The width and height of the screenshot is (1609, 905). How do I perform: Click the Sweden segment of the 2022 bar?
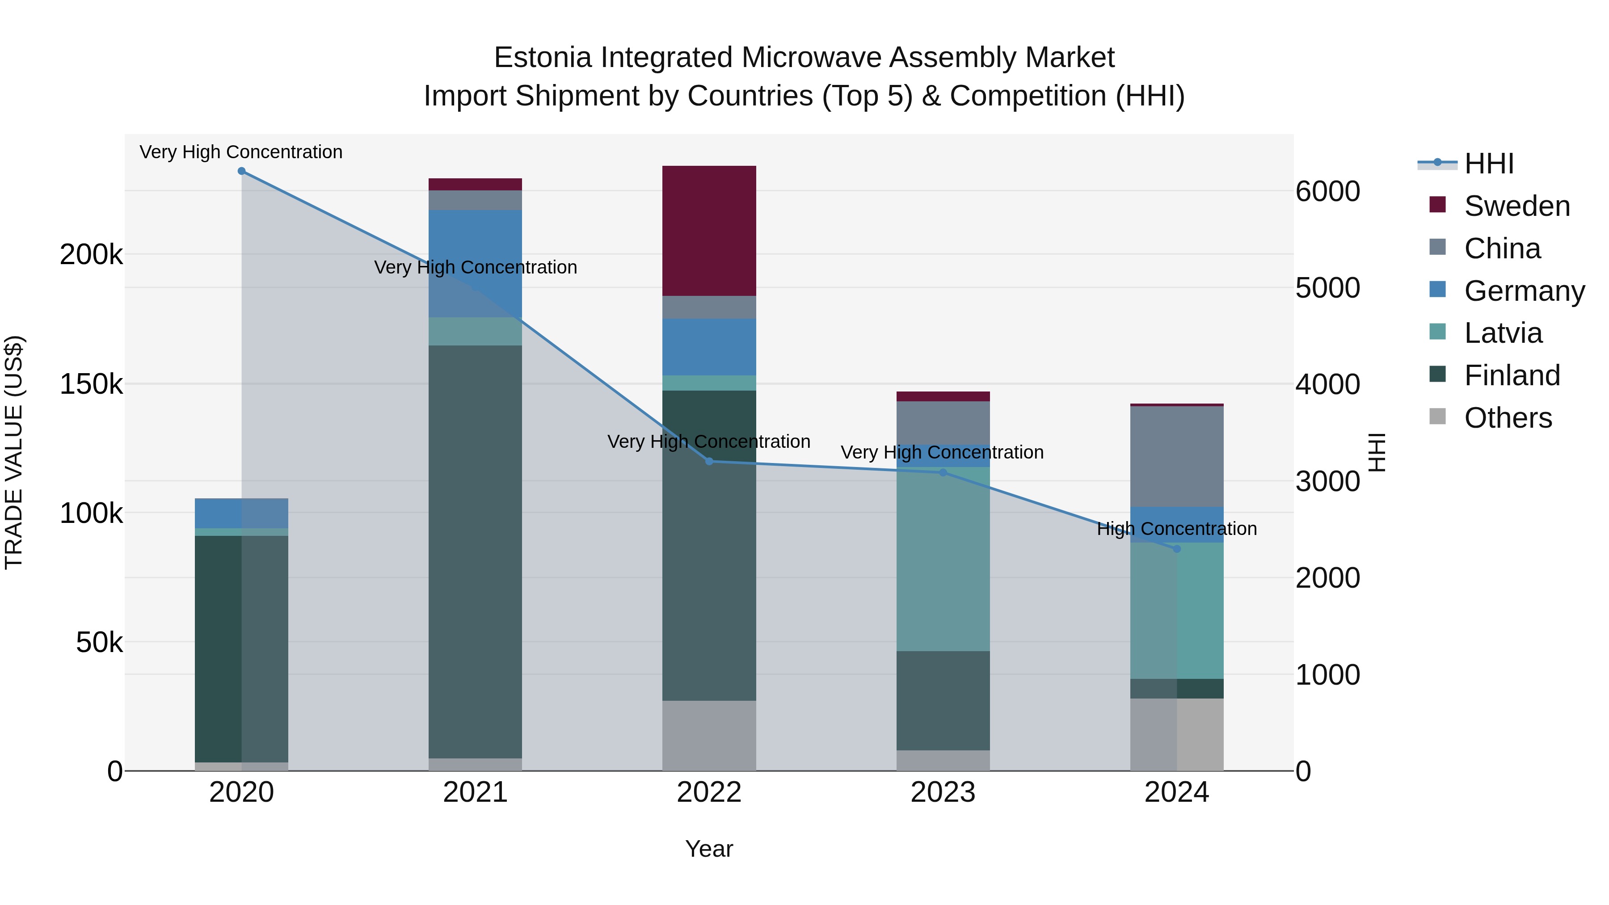pyautogui.click(x=709, y=231)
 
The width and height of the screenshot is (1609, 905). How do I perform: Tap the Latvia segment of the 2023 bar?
pyautogui.click(x=943, y=559)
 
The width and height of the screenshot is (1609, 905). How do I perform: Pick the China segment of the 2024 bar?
pyautogui.click(x=1176, y=456)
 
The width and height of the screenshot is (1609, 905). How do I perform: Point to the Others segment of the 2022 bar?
pyautogui.click(x=709, y=735)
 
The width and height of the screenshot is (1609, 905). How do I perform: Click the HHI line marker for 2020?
pyautogui.click(x=242, y=171)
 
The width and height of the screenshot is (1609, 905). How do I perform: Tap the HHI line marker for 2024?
pyautogui.click(x=1177, y=549)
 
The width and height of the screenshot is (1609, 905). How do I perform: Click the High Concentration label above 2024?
pyautogui.click(x=1176, y=529)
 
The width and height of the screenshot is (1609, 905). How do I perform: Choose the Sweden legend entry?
pyautogui.click(x=1516, y=206)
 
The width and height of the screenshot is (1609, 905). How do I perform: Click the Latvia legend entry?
pyautogui.click(x=1502, y=333)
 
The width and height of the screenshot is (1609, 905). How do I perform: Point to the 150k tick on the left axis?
pyautogui.click(x=91, y=384)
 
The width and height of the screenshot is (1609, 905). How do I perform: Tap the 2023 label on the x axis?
pyautogui.click(x=943, y=792)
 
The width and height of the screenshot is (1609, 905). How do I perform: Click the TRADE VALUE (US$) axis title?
pyautogui.click(x=14, y=452)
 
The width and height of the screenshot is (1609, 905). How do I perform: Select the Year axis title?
pyautogui.click(x=709, y=849)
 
